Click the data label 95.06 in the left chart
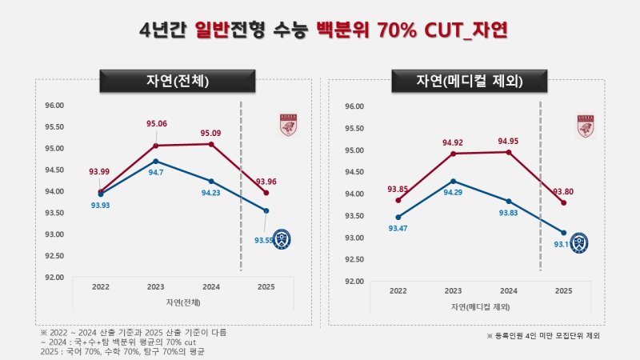(x=157, y=124)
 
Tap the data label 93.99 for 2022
(x=101, y=171)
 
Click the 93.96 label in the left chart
(x=266, y=182)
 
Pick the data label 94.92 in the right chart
(x=453, y=143)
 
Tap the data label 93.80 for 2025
(x=563, y=191)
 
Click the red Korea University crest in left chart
(x=288, y=125)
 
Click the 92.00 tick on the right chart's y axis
(x=353, y=282)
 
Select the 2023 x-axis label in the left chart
(x=156, y=286)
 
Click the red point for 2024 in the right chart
(x=508, y=151)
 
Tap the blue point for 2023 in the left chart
(x=156, y=161)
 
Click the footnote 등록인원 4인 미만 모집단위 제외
(x=543, y=336)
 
